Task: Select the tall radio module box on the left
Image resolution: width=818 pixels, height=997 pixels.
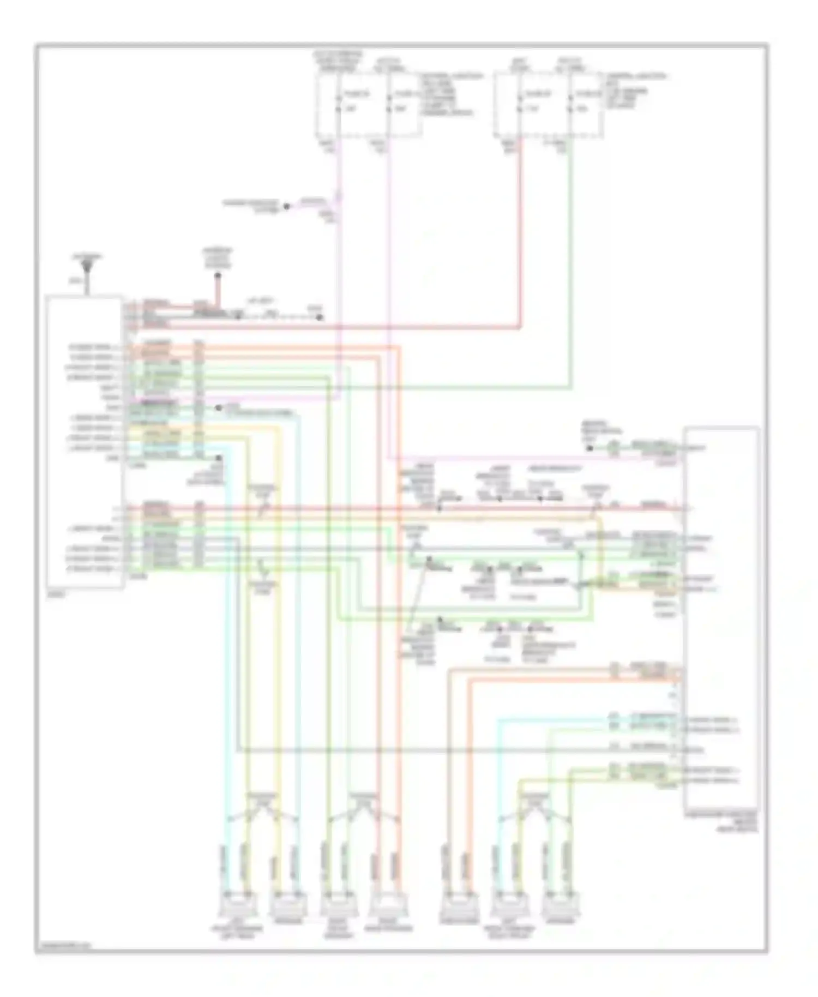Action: (84, 442)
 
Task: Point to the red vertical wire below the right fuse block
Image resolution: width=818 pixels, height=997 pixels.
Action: (520, 229)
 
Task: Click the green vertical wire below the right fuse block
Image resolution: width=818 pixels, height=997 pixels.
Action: (570, 262)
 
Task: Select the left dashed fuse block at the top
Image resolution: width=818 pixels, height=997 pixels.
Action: (368, 104)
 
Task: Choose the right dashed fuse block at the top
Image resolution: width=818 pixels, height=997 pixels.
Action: (549, 104)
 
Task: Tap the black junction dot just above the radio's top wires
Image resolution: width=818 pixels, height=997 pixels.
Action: (217, 276)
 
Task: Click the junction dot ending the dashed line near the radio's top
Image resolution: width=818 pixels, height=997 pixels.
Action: (320, 317)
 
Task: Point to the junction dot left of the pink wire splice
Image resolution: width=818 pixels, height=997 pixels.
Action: (286, 207)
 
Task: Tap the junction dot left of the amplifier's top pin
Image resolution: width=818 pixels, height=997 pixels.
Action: (590, 448)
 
